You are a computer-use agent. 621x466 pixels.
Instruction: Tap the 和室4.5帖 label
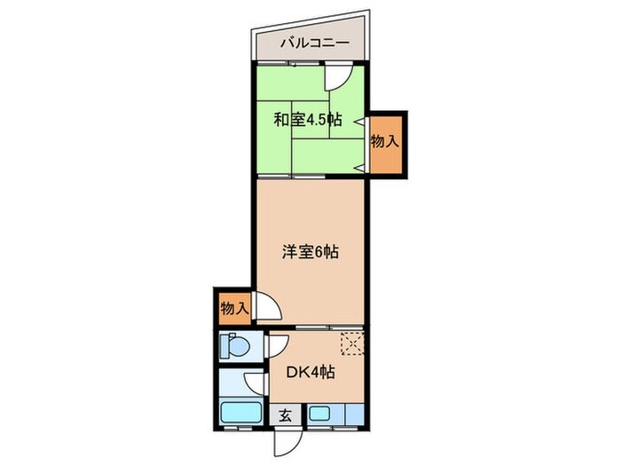click(x=306, y=120)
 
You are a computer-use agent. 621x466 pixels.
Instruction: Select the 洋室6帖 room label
click(x=310, y=251)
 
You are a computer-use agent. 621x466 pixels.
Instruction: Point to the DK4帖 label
click(x=310, y=373)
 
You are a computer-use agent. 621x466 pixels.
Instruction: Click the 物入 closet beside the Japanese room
click(x=384, y=142)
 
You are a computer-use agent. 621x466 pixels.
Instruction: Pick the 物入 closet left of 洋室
click(x=233, y=310)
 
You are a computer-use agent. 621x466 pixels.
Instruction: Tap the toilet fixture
click(x=235, y=346)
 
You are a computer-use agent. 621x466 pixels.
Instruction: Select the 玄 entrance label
click(x=286, y=415)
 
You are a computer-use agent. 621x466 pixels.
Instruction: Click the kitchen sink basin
click(x=319, y=413)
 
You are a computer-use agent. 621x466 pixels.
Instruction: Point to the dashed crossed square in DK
click(x=353, y=343)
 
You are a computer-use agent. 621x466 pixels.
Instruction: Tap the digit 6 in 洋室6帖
click(x=317, y=251)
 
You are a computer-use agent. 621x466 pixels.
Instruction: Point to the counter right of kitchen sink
click(x=349, y=413)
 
